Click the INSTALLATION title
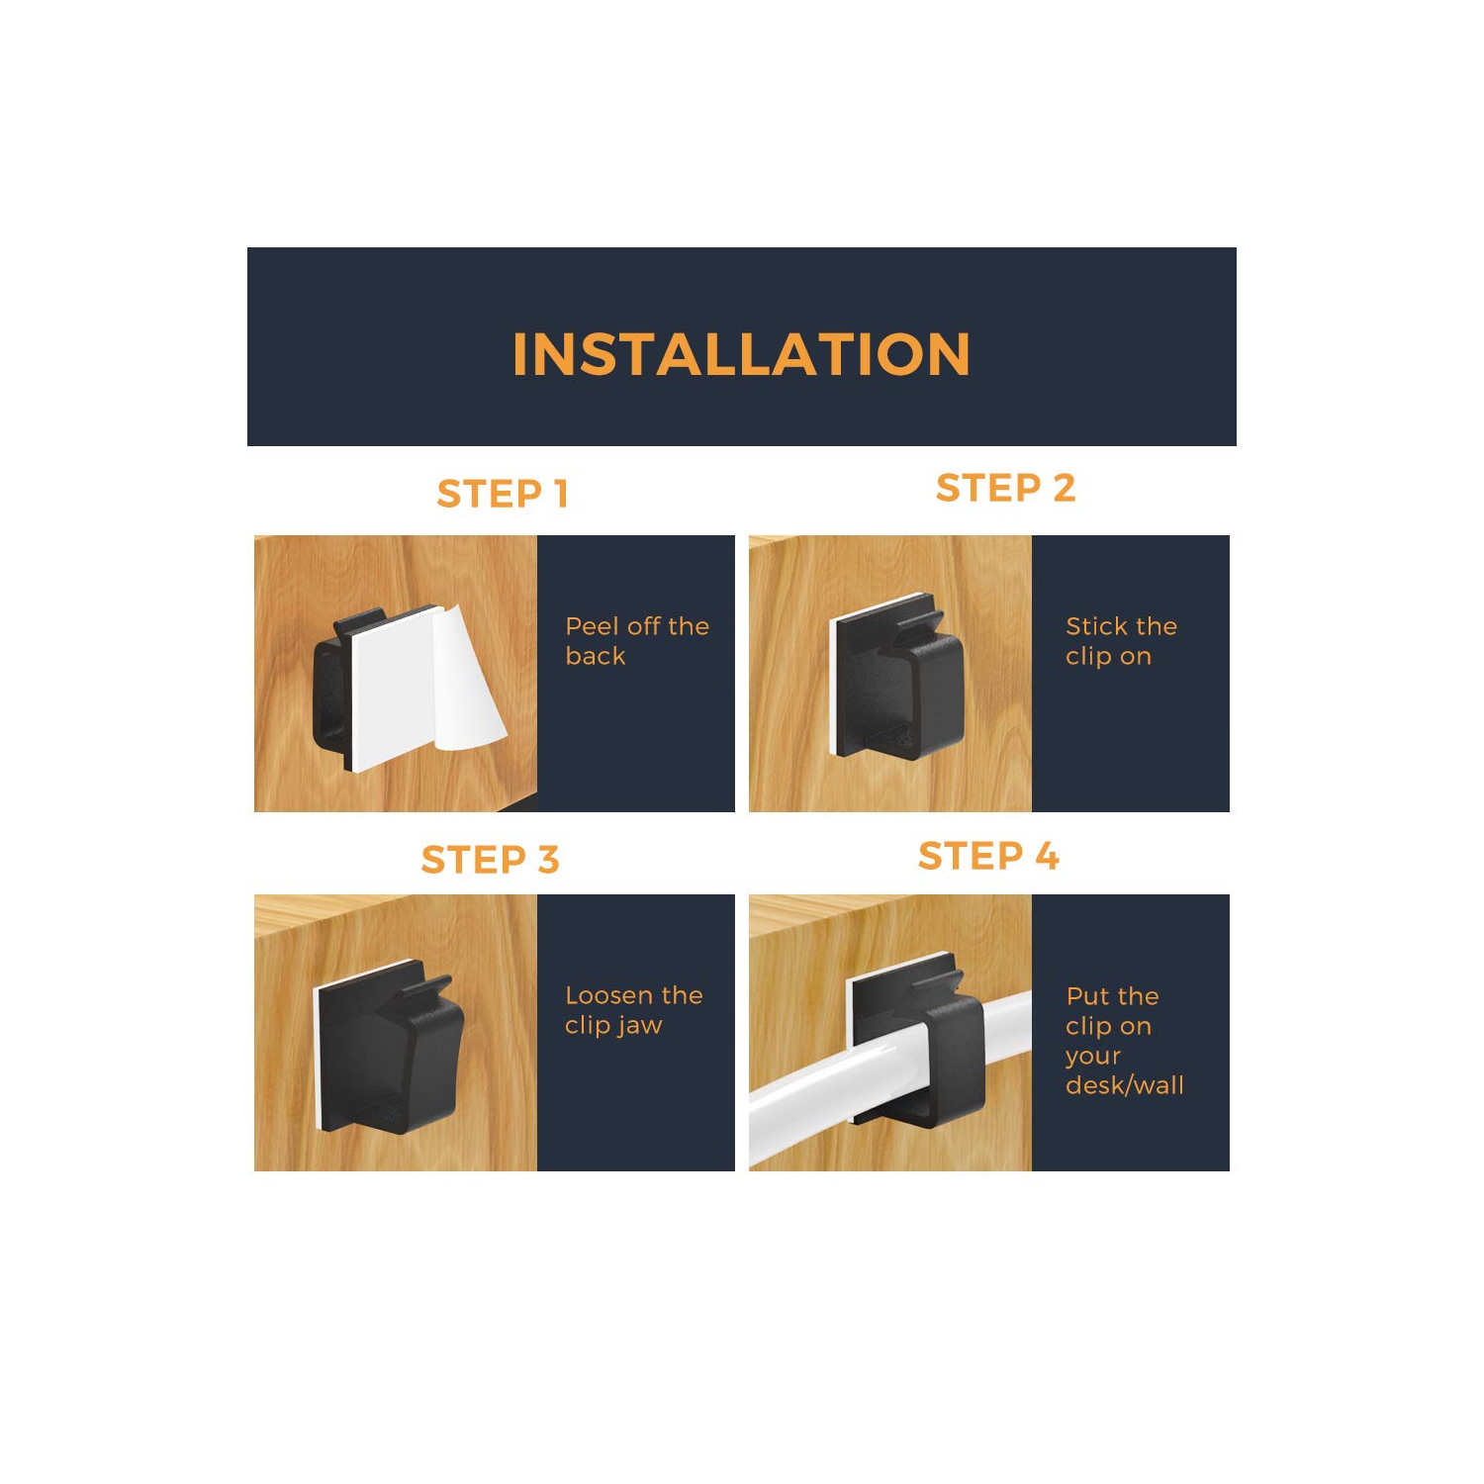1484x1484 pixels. pos(741,354)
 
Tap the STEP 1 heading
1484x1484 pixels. pos(503,494)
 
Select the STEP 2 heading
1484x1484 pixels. pos(1005,488)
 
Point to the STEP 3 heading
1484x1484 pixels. pos(490,860)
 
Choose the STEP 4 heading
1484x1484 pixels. pos(988,856)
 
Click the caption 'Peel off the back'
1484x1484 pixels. pos(636,641)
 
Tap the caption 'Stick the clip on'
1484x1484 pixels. pos(1121,641)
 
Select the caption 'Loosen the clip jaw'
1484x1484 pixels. pos(633,1010)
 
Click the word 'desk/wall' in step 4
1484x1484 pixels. pos(1124,1085)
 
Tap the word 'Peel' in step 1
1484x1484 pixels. pos(592,626)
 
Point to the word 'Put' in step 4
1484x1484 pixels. pos(1084,996)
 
